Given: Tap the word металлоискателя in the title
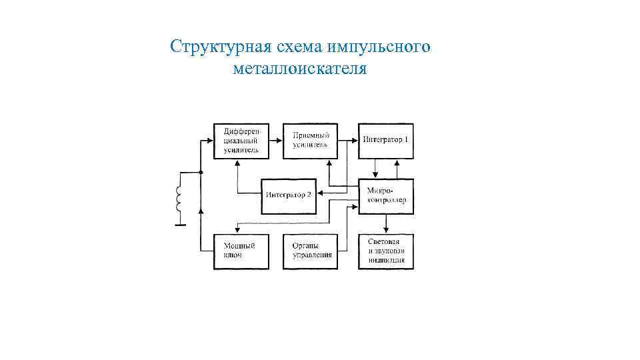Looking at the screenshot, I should click(x=300, y=69).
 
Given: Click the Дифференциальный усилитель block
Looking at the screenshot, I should click(x=241, y=141).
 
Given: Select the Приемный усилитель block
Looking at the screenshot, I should click(x=310, y=141).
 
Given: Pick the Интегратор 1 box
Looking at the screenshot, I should click(x=385, y=141).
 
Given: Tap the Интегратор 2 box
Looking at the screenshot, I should click(x=288, y=195).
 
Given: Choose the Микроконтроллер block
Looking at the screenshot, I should click(x=385, y=196).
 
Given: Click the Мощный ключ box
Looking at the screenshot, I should click(x=241, y=251).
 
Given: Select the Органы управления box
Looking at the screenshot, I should click(x=310, y=251).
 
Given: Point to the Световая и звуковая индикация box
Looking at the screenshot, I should click(x=385, y=251).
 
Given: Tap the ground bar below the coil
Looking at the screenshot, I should click(x=179, y=225).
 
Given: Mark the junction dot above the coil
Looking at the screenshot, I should click(x=201, y=173).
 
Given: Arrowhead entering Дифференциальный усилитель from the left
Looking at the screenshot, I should click(x=210, y=141).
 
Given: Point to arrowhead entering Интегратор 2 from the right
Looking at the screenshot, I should click(x=319, y=194).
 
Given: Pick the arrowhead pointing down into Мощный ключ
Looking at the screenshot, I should click(x=235, y=231).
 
